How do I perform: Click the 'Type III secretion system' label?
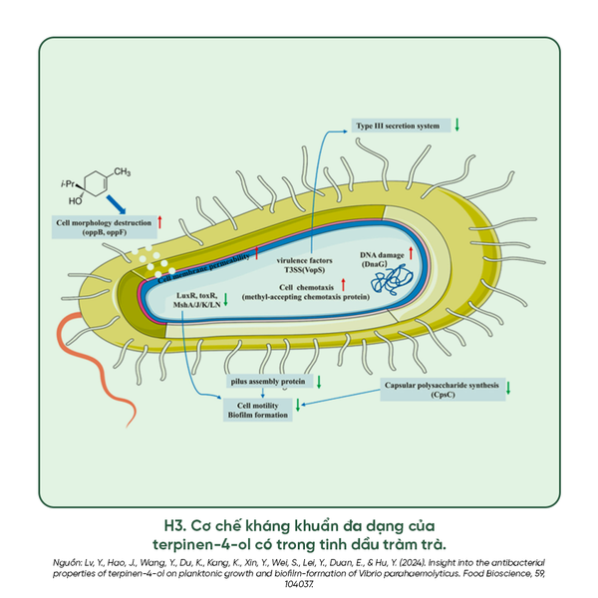point(398,127)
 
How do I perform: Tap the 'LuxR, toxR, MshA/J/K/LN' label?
point(195,302)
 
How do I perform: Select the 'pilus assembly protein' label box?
point(267,382)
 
